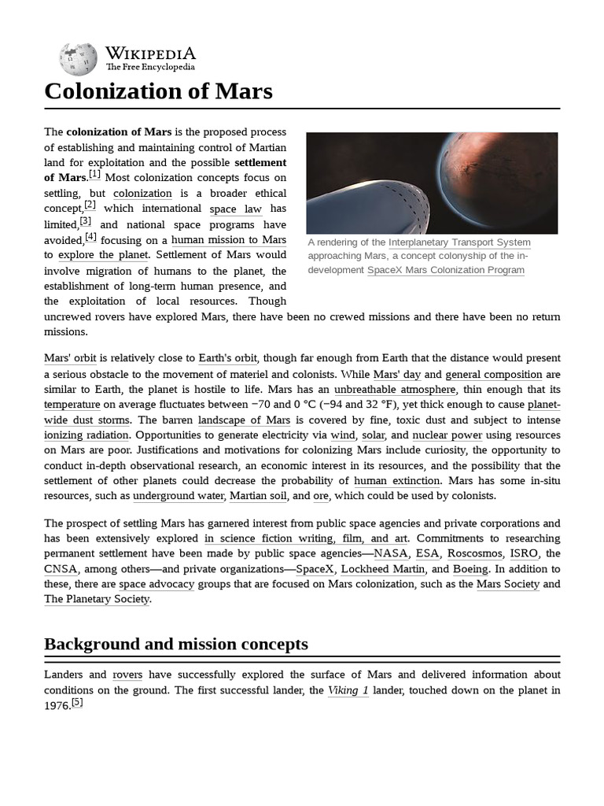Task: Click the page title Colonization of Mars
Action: click(158, 91)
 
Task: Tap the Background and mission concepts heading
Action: click(175, 644)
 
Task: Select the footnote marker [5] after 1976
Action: click(77, 703)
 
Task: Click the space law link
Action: click(235, 209)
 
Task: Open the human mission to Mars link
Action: click(228, 239)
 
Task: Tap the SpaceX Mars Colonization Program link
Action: click(446, 270)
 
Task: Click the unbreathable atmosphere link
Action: click(394, 390)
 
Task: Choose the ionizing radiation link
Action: click(87, 435)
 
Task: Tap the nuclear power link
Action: click(447, 435)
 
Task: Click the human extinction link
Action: click(396, 481)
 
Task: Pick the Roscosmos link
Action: click(474, 553)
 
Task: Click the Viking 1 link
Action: click(348, 690)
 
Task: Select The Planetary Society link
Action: click(97, 599)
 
